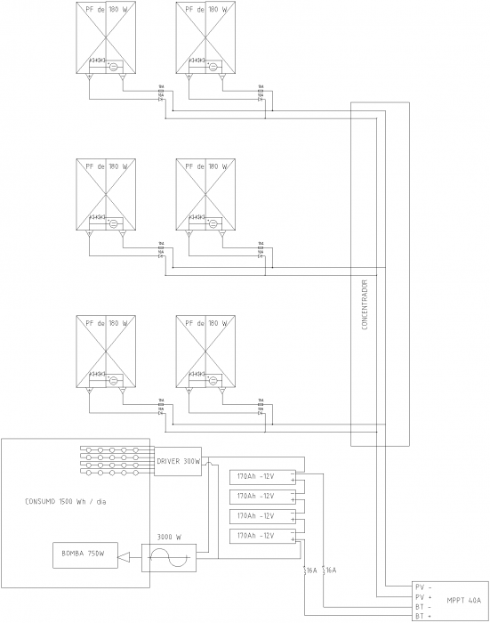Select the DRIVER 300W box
click(x=178, y=461)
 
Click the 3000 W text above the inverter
click(x=170, y=537)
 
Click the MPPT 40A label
click(x=464, y=598)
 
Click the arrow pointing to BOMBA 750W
click(x=125, y=558)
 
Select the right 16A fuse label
click(x=331, y=570)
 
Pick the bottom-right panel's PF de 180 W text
click(x=206, y=322)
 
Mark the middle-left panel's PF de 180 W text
click(x=107, y=166)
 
